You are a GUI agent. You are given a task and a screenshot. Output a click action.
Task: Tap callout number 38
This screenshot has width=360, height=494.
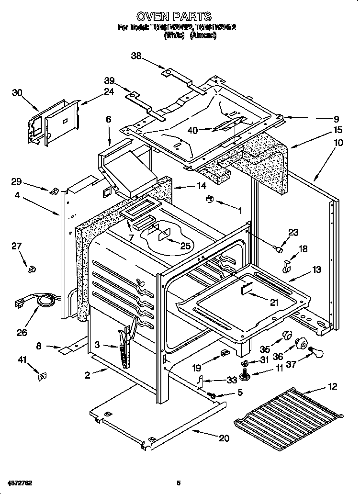[137, 56]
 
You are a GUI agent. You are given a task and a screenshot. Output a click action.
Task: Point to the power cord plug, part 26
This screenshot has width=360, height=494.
[22, 303]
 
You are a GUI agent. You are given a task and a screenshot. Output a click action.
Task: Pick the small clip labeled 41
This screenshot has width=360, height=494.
[42, 377]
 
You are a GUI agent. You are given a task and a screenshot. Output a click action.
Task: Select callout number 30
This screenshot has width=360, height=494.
[17, 93]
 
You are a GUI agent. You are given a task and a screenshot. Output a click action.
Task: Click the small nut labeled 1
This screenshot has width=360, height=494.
[209, 199]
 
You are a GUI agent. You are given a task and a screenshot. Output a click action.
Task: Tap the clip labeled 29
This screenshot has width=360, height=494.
[55, 191]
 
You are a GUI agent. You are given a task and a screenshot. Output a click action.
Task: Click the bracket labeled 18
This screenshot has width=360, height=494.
[287, 266]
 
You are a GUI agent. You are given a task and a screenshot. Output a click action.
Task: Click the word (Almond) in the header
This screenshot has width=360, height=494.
[203, 35]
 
